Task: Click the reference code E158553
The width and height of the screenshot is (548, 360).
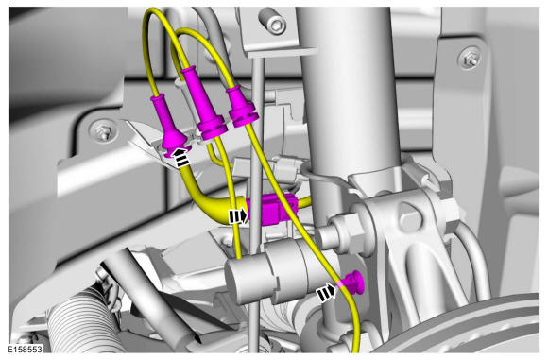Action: (26, 349)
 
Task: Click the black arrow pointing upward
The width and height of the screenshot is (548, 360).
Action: (181, 157)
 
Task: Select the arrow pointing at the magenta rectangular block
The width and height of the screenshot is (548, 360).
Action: (238, 216)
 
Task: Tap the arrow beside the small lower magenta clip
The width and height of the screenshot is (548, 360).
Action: (326, 292)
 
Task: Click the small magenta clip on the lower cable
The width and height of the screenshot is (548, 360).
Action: (352, 283)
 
